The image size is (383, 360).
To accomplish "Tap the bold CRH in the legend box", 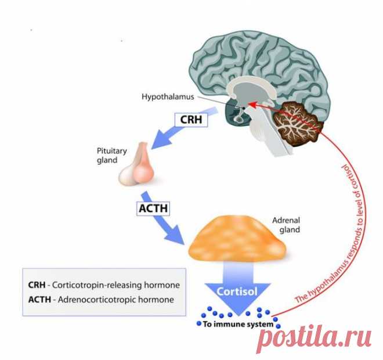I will coord(37,286).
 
